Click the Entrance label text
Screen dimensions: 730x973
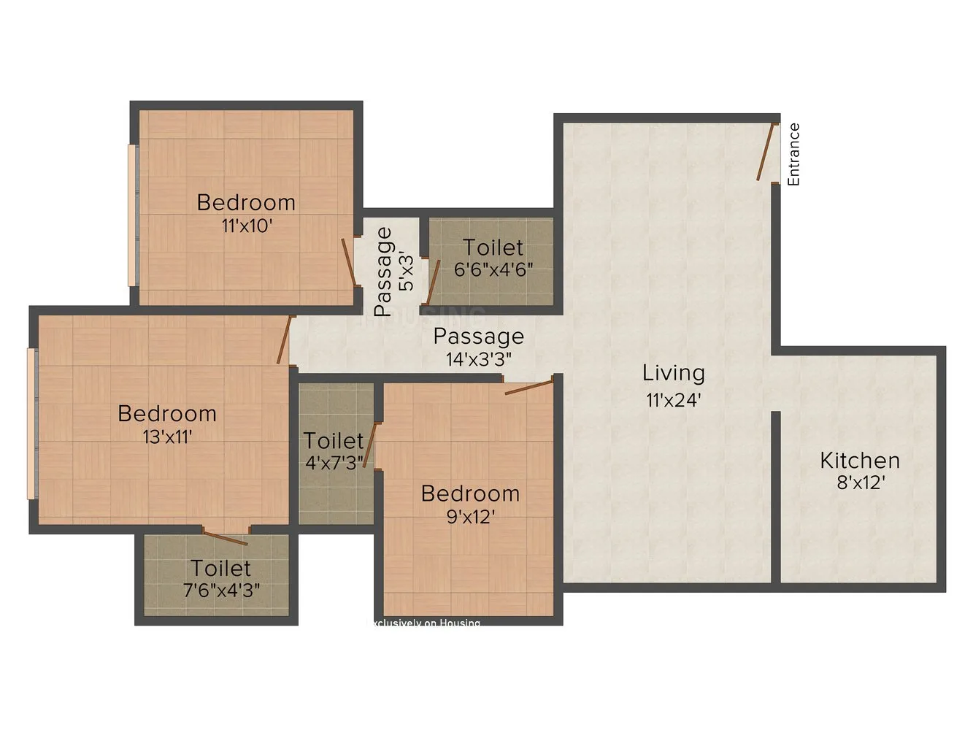(793, 154)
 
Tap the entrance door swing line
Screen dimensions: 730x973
(764, 153)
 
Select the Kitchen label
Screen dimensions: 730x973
(859, 461)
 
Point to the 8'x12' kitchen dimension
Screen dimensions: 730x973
(861, 483)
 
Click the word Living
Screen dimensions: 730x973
(673, 373)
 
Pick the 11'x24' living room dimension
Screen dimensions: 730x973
(673, 399)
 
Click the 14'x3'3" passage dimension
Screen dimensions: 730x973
(479, 359)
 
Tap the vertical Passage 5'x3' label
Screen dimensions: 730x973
(394, 272)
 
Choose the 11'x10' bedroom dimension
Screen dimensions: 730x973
(247, 226)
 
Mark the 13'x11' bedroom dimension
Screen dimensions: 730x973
(167, 437)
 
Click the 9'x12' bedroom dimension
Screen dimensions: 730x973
(470, 517)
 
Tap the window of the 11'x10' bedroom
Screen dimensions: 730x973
(133, 215)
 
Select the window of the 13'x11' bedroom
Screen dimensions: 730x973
(31, 423)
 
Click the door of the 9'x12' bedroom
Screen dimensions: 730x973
(529, 387)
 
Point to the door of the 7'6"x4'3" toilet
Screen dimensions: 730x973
(225, 538)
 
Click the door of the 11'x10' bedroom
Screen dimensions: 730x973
(349, 262)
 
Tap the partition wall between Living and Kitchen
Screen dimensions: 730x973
(776, 496)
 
